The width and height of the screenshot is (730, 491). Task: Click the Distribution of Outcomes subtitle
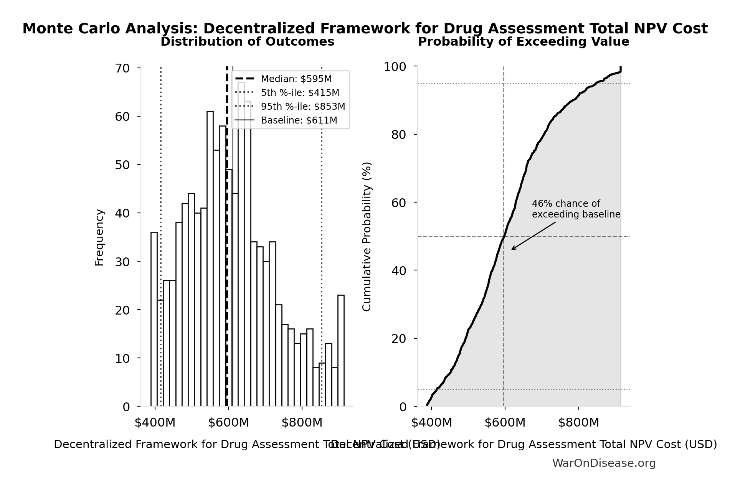pos(247,42)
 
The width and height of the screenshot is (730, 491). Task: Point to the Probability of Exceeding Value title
pos(523,42)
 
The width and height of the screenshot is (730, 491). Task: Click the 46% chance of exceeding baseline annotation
pos(576,209)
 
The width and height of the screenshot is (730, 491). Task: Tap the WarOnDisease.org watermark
pos(604,463)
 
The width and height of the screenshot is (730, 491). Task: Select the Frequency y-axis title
pos(99,237)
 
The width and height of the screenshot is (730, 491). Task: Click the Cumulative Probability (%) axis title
pos(367,236)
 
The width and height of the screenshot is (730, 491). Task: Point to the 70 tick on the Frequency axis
pos(122,68)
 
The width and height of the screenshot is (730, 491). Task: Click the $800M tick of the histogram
pos(302,423)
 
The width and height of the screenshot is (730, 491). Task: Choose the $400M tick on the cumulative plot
pos(431,423)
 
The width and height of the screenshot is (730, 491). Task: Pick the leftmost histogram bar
pos(154,319)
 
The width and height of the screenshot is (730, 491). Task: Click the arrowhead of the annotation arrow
pos(513,249)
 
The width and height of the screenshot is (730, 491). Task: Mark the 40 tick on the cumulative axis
pos(399,271)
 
